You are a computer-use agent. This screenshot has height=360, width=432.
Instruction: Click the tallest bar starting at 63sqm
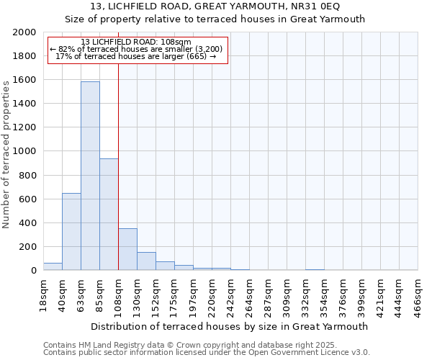[x=90, y=176]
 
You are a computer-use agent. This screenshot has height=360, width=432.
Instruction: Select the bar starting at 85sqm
[x=109, y=215]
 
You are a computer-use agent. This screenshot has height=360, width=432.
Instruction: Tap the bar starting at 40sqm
[x=71, y=232]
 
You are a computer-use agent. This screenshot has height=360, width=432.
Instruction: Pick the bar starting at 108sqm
[x=127, y=249]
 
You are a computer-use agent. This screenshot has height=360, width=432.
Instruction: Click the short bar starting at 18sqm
[x=53, y=266]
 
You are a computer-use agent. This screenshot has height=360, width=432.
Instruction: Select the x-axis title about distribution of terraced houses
[x=230, y=326]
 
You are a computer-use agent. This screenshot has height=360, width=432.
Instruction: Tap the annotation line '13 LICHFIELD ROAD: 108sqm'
[x=136, y=42]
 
